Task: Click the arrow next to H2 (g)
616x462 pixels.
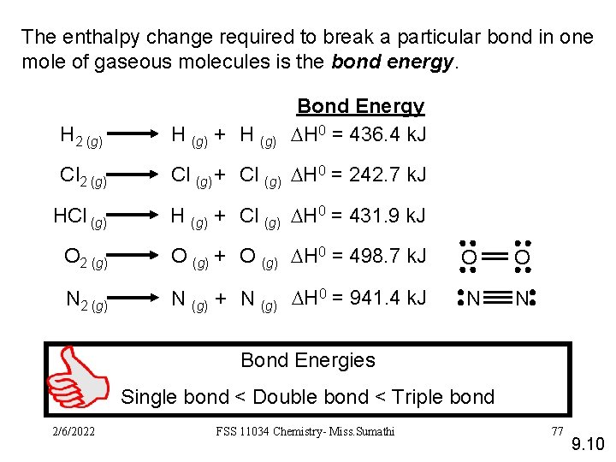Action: coord(136,135)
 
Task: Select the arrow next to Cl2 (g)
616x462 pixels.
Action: coord(136,176)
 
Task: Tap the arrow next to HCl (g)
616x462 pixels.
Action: coord(136,216)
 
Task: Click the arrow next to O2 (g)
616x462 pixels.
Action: coord(136,257)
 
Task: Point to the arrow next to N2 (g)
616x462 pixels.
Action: coord(136,299)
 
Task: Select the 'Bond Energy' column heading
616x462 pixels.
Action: coord(360,106)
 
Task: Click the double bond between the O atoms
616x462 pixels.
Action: coord(495,257)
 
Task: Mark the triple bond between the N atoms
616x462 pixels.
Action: coord(496,299)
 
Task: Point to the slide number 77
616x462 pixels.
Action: coord(557,430)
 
